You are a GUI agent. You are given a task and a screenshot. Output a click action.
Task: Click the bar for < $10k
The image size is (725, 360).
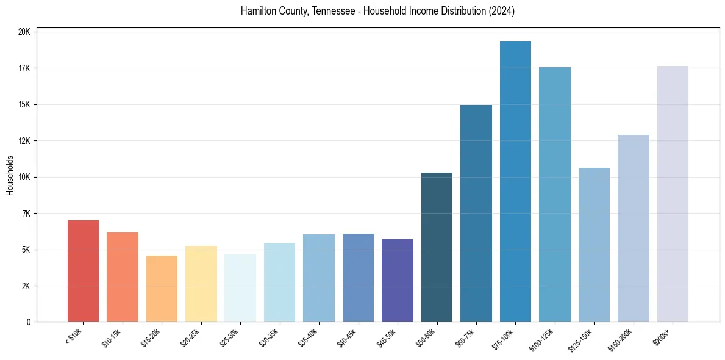point(83,271)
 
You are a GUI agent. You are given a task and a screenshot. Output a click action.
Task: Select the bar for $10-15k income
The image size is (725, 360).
point(123,277)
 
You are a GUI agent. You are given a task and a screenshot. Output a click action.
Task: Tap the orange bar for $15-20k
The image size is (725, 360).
point(162,289)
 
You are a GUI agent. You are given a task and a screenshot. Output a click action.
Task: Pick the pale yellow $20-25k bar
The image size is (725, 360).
point(201,284)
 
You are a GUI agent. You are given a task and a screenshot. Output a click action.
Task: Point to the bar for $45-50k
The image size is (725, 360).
point(398,281)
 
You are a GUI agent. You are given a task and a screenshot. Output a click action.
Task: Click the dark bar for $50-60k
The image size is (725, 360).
point(437,247)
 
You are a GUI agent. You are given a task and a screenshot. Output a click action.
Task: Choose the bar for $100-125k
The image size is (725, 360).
point(555,195)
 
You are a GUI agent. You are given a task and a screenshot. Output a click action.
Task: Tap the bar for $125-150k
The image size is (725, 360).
point(594,245)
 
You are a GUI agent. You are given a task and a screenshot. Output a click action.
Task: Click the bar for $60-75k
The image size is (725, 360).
point(476,214)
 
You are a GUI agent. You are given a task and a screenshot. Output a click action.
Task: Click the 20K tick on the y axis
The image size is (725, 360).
point(25,32)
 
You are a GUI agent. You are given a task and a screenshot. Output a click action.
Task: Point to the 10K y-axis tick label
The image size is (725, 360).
point(25,177)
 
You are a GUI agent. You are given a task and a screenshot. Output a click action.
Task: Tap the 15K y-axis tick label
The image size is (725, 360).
point(25,104)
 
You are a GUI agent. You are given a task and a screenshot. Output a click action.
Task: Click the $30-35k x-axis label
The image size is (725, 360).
point(269,337)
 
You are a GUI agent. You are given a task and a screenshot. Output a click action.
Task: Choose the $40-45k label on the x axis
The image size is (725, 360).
point(348,337)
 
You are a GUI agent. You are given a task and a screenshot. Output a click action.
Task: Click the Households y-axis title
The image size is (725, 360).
point(10,176)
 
